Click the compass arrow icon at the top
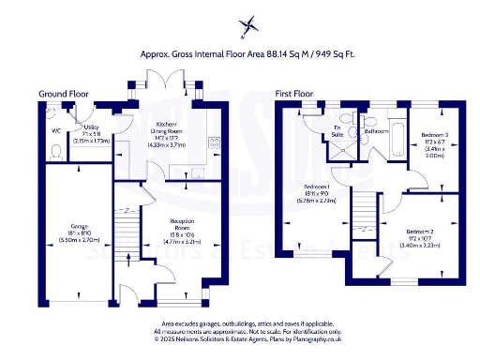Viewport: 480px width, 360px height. point(247,24)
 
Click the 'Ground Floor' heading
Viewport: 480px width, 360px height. point(63,94)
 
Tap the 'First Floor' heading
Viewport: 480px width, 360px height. point(293,94)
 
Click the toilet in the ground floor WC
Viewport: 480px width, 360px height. point(56,149)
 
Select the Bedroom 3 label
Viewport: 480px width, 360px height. point(434,142)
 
